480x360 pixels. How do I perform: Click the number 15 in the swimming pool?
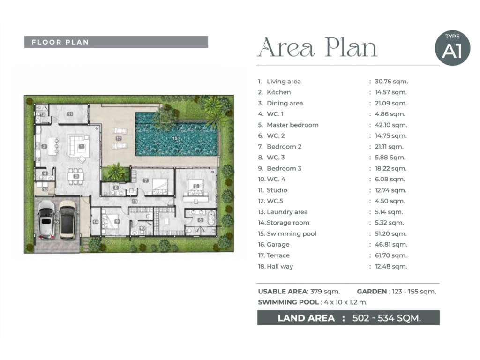(174, 138)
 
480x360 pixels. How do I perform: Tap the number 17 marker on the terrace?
(119, 138)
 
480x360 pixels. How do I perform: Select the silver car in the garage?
(46, 219)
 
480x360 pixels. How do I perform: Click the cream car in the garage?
(67, 219)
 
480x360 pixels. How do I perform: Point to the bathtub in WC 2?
(211, 218)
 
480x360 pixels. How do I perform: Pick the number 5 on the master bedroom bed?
(196, 186)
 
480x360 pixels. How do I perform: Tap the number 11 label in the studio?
(70, 114)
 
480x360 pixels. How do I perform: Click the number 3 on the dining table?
(76, 176)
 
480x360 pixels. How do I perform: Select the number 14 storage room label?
(96, 222)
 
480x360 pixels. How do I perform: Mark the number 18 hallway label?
(135, 202)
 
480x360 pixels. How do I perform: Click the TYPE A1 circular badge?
(452, 48)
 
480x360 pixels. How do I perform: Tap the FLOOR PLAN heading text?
(60, 42)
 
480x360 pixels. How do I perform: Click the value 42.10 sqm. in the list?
(391, 125)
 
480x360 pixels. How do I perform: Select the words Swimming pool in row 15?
(292, 233)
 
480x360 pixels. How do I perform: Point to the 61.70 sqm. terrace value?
(391, 255)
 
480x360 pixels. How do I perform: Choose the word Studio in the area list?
(277, 190)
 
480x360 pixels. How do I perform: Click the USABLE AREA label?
(283, 292)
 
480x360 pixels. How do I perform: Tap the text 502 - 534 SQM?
(387, 318)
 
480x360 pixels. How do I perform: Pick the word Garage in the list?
(278, 245)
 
